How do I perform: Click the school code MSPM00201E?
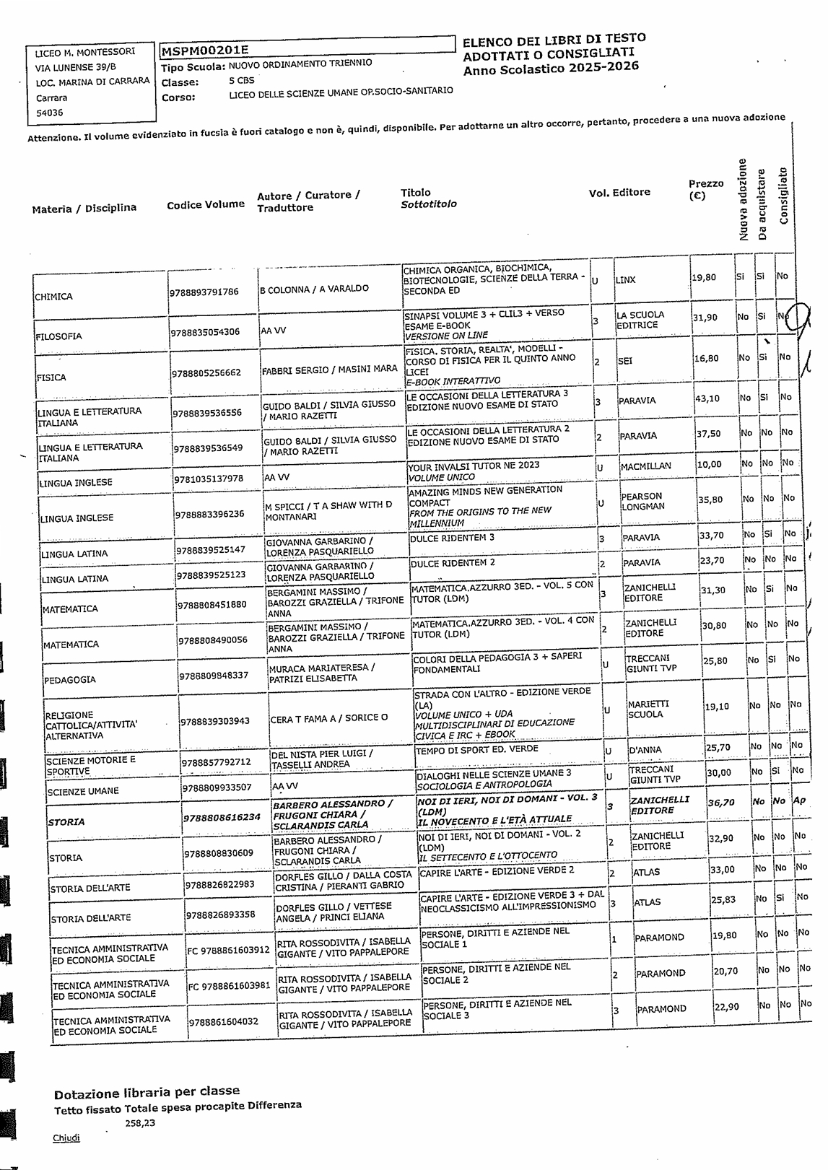pyautogui.click(x=204, y=51)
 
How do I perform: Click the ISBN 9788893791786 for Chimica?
pyautogui.click(x=204, y=292)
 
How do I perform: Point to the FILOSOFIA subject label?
pyautogui.click(x=58, y=336)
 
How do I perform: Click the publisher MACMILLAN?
pyautogui.click(x=645, y=467)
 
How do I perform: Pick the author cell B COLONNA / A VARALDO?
pyautogui.click(x=315, y=289)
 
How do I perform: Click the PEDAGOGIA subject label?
pyautogui.click(x=70, y=680)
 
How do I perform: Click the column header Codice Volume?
pyautogui.click(x=206, y=204)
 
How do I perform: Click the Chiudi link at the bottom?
pyautogui.click(x=66, y=1138)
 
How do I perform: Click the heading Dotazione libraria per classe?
pyautogui.click(x=147, y=1091)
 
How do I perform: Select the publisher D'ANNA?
pyautogui.click(x=645, y=751)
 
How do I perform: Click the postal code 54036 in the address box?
pyautogui.click(x=50, y=113)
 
